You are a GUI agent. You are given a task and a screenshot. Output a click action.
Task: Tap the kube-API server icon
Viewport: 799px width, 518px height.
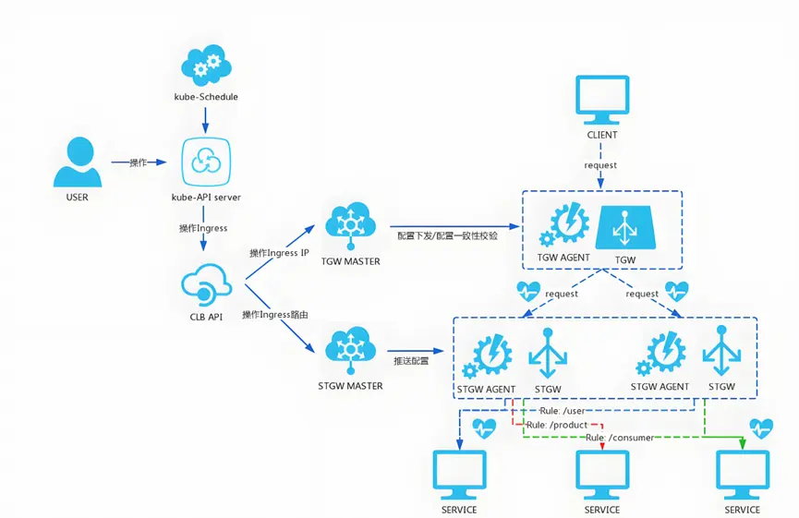[205, 163]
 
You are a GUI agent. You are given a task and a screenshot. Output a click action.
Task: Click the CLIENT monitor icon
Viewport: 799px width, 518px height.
[602, 98]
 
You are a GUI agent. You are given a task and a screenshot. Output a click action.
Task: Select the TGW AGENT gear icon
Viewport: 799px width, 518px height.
[563, 224]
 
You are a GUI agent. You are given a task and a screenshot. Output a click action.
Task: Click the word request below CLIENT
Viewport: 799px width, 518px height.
[601, 165]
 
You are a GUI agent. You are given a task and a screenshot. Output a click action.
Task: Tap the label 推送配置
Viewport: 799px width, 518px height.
[411, 361]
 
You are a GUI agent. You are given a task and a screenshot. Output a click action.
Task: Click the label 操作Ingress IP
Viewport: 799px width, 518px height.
[279, 252]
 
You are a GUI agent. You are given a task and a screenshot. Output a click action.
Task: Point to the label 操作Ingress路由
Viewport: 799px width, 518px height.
[274, 315]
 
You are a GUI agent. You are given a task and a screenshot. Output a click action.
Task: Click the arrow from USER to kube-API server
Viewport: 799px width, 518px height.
[139, 163]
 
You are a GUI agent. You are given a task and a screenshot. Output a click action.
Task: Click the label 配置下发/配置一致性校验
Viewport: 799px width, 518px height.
[448, 236]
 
